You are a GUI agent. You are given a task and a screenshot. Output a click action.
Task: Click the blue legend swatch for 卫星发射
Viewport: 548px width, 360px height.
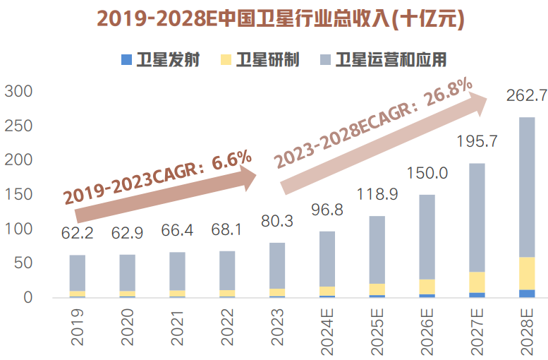pos(126,59)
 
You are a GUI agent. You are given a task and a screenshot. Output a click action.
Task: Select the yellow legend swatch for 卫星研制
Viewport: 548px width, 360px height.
pos(226,59)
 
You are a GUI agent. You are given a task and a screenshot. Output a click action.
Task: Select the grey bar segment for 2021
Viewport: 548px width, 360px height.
pos(177,271)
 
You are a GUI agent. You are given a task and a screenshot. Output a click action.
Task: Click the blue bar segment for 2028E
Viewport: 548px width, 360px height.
pos(527,293)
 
